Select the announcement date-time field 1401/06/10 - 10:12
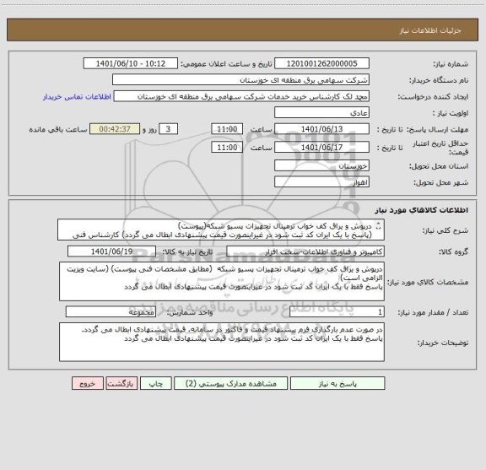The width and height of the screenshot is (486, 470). pos(133,63)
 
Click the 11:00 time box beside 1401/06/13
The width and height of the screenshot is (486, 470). pos(225,128)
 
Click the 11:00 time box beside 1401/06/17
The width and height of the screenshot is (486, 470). pos(225,146)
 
